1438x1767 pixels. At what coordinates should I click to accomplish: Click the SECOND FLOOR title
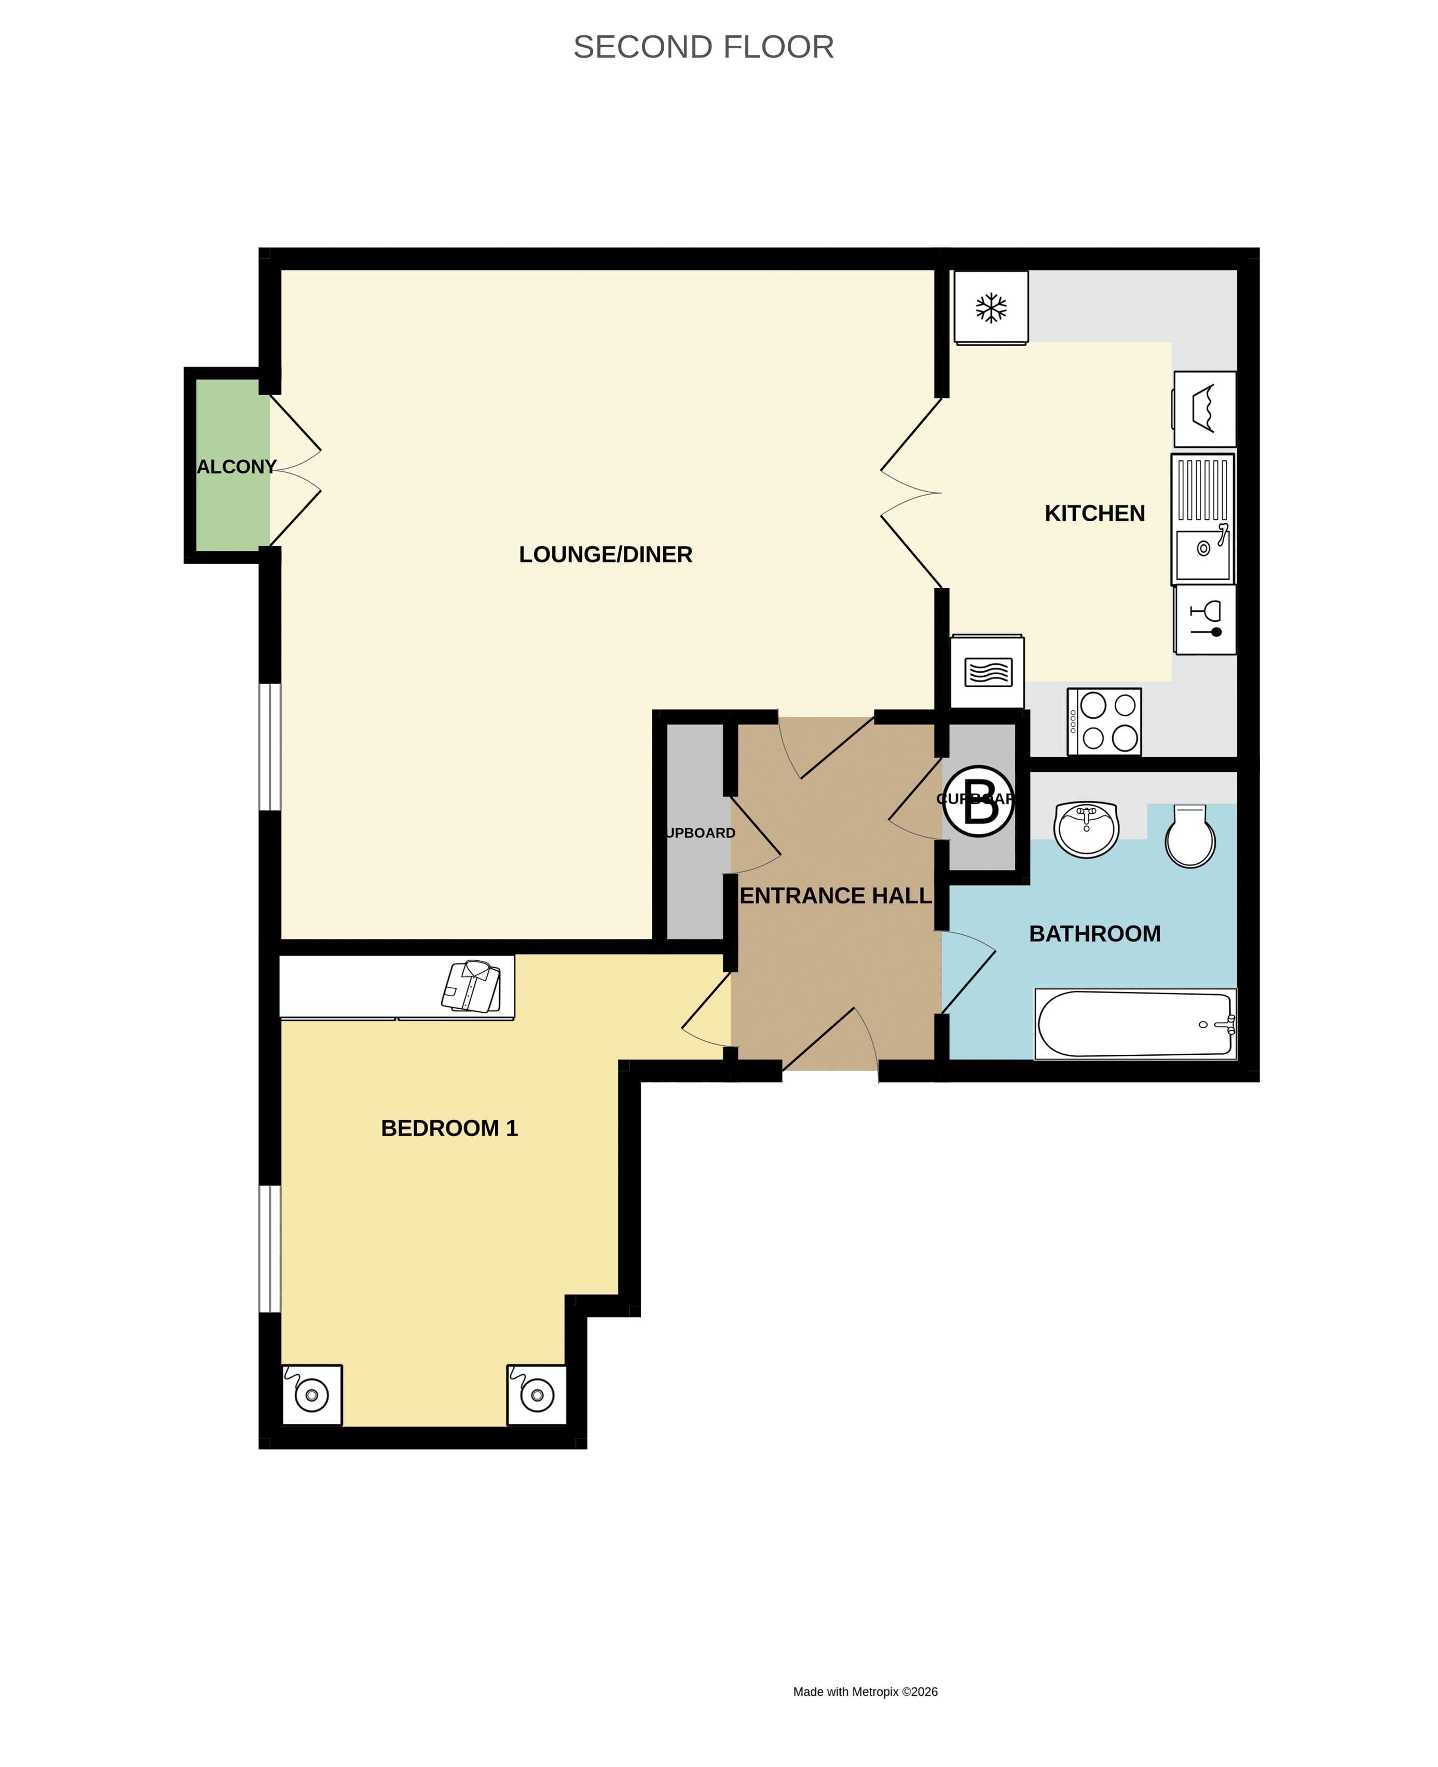(x=703, y=47)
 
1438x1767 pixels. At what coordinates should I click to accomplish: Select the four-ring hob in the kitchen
(x=1104, y=722)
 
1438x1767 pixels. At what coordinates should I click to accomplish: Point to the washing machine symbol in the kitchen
(x=1204, y=409)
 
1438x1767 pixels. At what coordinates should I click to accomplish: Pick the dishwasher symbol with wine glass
(x=1205, y=620)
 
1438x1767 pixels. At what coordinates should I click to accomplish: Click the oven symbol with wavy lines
(x=988, y=672)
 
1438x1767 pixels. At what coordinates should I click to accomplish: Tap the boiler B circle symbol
(x=978, y=801)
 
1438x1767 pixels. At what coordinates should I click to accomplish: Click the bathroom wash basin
(x=1086, y=828)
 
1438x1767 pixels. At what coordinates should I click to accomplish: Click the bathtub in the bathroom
(x=1135, y=1024)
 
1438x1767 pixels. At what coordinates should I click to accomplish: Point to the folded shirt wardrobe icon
(x=471, y=987)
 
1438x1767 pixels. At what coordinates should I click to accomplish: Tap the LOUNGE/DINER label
(x=606, y=555)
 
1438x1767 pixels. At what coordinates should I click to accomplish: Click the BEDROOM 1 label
(x=449, y=1129)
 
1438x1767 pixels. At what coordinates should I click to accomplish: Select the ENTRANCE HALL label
(x=835, y=895)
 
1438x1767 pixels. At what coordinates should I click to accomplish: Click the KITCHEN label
(x=1094, y=513)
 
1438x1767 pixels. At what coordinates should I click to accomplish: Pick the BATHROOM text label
(x=1094, y=934)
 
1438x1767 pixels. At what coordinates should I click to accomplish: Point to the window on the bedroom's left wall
(x=270, y=1249)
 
